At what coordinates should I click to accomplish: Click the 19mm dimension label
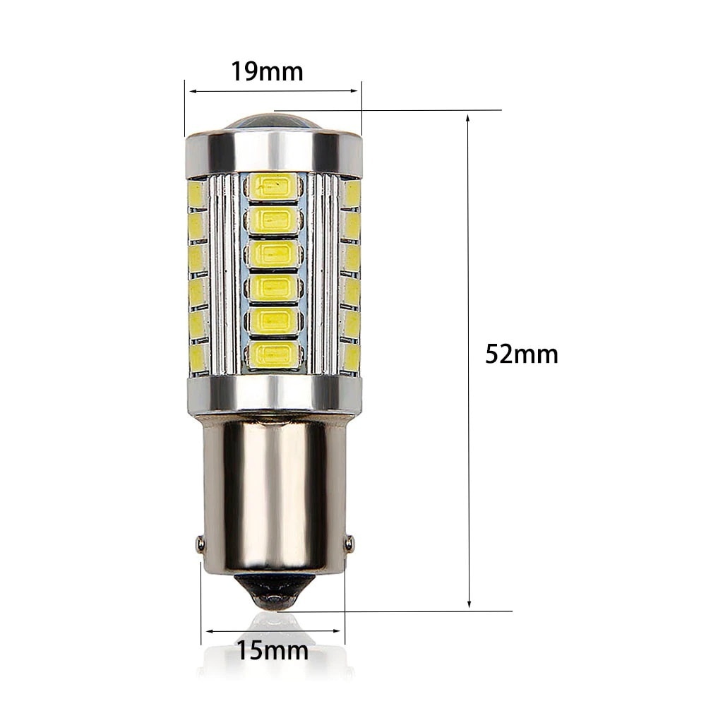(267, 71)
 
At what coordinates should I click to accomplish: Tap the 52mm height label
(521, 354)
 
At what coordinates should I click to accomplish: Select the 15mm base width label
(273, 650)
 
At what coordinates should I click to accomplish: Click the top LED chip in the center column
(273, 187)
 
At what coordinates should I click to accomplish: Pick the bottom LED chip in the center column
(273, 354)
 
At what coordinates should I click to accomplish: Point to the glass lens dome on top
(273, 121)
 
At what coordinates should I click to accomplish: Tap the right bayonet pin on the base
(348, 543)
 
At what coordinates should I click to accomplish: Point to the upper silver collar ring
(273, 152)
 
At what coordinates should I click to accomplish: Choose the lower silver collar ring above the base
(273, 395)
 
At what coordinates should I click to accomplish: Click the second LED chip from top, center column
(273, 220)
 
